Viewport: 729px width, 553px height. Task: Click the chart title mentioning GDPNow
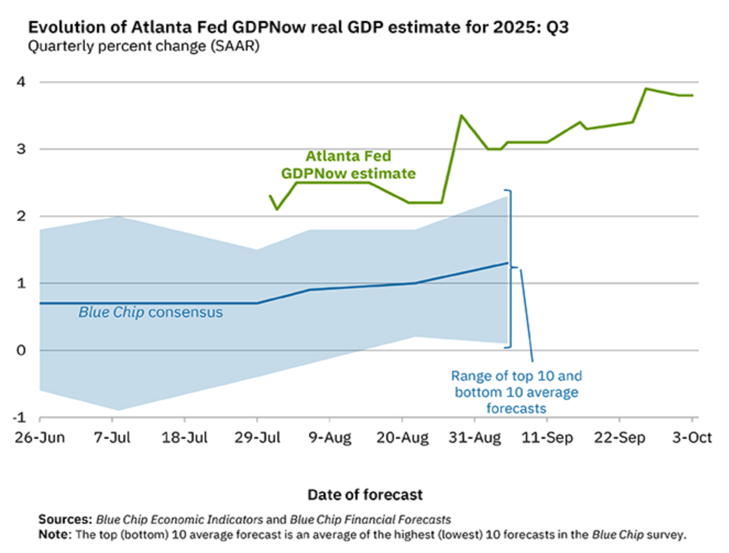tap(298, 27)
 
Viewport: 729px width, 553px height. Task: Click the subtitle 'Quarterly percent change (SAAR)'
tap(143, 46)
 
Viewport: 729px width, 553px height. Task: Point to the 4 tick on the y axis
tap(21, 82)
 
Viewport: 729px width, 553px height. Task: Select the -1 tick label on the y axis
tap(19, 417)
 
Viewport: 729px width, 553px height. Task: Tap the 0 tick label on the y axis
tap(21, 350)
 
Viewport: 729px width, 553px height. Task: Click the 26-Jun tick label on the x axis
tap(40, 438)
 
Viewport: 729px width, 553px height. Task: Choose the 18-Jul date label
tap(185, 438)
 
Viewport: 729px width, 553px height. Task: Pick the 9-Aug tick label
tap(329, 438)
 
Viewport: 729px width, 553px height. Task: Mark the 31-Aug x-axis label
tap(475, 438)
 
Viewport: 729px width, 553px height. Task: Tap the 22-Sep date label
tap(620, 438)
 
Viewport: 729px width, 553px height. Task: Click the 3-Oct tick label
tap(692, 438)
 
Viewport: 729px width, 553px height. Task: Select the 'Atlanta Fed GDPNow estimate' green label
tap(348, 165)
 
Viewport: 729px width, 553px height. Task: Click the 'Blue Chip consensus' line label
tap(150, 312)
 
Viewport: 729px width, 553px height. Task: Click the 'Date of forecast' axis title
tap(365, 495)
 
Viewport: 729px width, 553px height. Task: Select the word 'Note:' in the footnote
tap(55, 535)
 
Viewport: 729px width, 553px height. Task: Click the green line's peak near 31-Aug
tap(461, 116)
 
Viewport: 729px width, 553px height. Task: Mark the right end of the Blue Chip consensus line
tap(507, 263)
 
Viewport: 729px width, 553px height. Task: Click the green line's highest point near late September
tap(646, 89)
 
